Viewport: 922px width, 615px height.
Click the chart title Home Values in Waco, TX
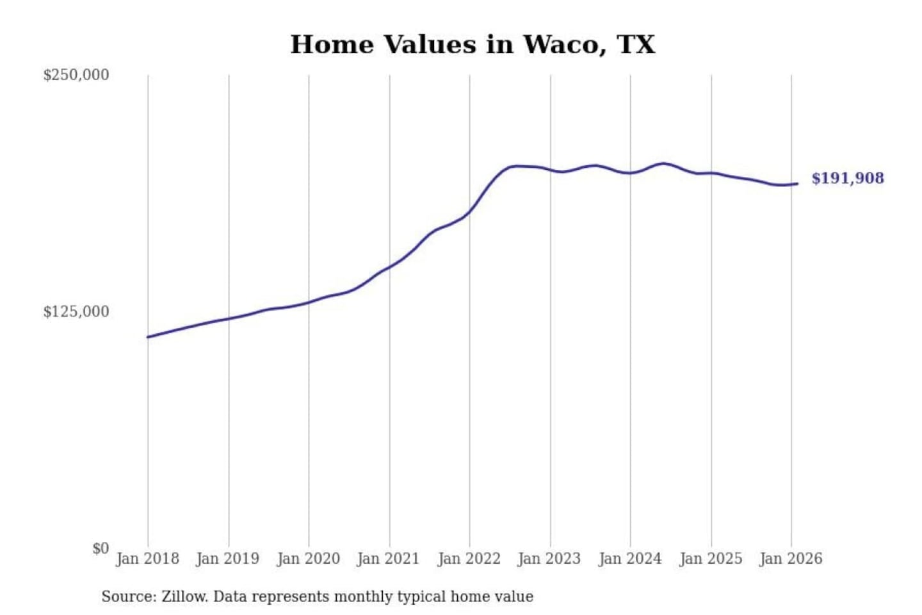click(473, 45)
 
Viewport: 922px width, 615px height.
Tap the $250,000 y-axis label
click(76, 75)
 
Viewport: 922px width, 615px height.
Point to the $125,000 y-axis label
click(76, 312)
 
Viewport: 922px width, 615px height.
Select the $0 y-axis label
click(100, 548)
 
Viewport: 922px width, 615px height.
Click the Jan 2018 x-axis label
click(147, 559)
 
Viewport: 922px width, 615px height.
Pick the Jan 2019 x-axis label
click(227, 559)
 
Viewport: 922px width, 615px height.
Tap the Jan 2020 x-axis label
click(308, 559)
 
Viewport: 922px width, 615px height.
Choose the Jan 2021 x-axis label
click(388, 559)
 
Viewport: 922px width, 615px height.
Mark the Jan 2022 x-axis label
click(469, 559)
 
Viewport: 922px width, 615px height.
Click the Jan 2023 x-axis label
click(549, 559)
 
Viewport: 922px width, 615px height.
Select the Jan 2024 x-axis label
click(629, 559)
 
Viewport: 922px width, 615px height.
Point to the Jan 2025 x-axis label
click(710, 559)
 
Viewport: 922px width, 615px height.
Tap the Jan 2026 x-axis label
click(790, 559)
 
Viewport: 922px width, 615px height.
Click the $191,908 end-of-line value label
click(847, 178)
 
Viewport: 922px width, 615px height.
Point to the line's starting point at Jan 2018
click(148, 337)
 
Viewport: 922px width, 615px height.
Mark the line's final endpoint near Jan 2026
click(797, 184)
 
